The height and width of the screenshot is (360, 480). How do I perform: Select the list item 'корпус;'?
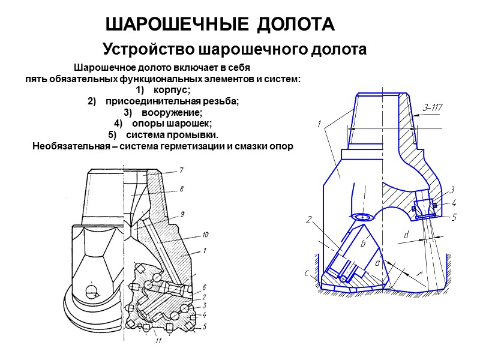(x=172, y=90)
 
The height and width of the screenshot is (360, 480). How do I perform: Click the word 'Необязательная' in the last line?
(x=66, y=145)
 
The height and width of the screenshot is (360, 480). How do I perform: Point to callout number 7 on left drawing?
(x=181, y=169)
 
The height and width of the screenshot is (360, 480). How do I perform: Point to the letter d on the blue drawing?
(x=406, y=235)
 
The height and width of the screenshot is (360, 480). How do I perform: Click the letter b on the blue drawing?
(x=362, y=244)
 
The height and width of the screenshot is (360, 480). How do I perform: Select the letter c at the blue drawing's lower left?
(x=307, y=274)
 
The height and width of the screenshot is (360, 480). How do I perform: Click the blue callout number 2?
(x=310, y=220)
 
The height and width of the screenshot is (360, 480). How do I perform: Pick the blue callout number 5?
(x=454, y=217)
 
